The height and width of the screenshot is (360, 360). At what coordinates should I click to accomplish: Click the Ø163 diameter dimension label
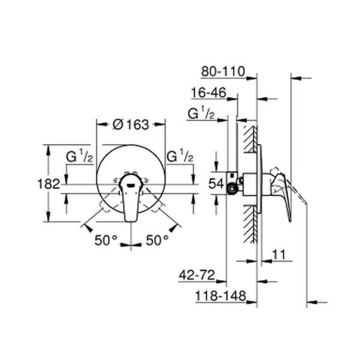point(131,124)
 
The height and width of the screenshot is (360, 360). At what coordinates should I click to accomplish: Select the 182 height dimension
point(52,184)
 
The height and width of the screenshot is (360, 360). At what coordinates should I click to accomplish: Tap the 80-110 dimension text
point(223,72)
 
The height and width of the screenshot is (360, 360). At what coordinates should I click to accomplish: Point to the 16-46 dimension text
point(208,93)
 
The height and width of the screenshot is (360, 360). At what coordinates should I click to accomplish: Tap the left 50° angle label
point(106,240)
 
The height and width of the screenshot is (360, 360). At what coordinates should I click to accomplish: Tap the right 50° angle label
point(158,240)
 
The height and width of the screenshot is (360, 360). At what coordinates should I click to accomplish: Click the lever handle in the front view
point(131,198)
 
